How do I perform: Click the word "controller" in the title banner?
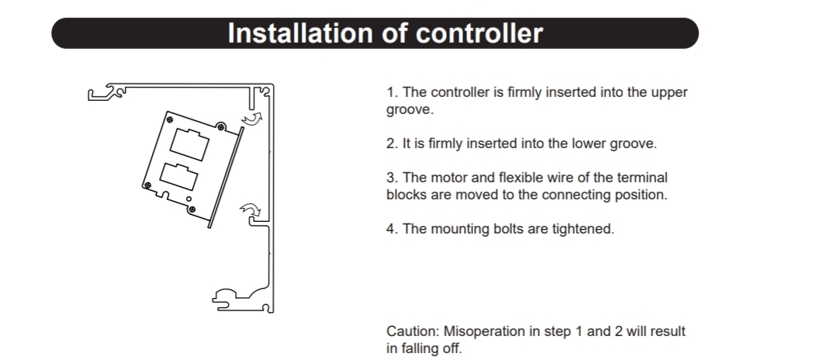[479, 33]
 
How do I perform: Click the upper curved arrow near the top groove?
[252, 119]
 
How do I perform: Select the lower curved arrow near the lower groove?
[251, 209]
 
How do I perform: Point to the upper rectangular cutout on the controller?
[190, 144]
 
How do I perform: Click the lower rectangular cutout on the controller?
[179, 176]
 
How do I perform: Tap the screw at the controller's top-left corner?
[170, 119]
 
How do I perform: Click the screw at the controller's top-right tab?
[221, 127]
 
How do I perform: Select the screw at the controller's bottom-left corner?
[147, 185]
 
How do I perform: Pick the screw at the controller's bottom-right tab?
[192, 209]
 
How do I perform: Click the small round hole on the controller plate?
[189, 199]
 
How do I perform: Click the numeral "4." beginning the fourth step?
[393, 229]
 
